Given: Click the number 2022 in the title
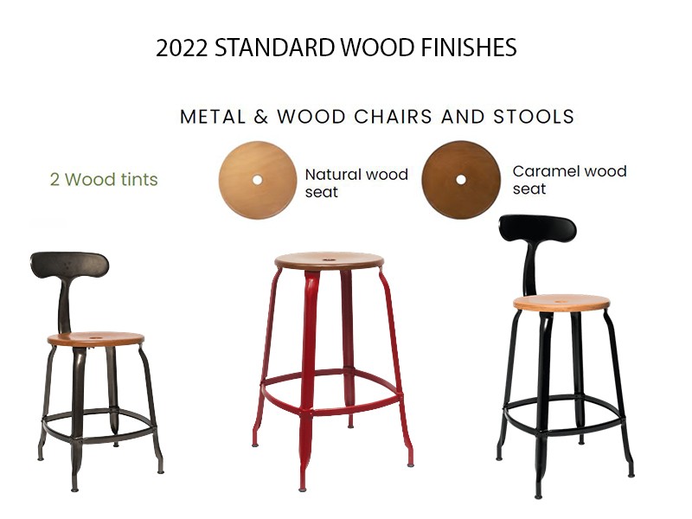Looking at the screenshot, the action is coord(182,48).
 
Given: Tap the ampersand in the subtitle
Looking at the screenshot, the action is coord(261,117).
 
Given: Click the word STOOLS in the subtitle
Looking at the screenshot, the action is coord(534,117).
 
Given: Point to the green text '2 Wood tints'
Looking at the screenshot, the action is coord(104,180).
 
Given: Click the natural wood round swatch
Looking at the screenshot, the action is coord(257,180).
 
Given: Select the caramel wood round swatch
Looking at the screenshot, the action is coord(461,180).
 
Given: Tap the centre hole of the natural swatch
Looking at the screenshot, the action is coord(257,180).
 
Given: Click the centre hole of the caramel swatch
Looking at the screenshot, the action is coord(461,180).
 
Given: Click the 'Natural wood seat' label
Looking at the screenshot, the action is coord(356,183).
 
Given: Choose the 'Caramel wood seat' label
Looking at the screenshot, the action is coord(569,180).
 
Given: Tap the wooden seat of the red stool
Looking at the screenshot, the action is coord(329,261).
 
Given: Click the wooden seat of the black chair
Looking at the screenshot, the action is coord(561,304).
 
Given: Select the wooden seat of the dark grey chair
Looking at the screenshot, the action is coord(95,339).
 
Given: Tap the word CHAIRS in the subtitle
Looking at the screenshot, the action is coord(393,117).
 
